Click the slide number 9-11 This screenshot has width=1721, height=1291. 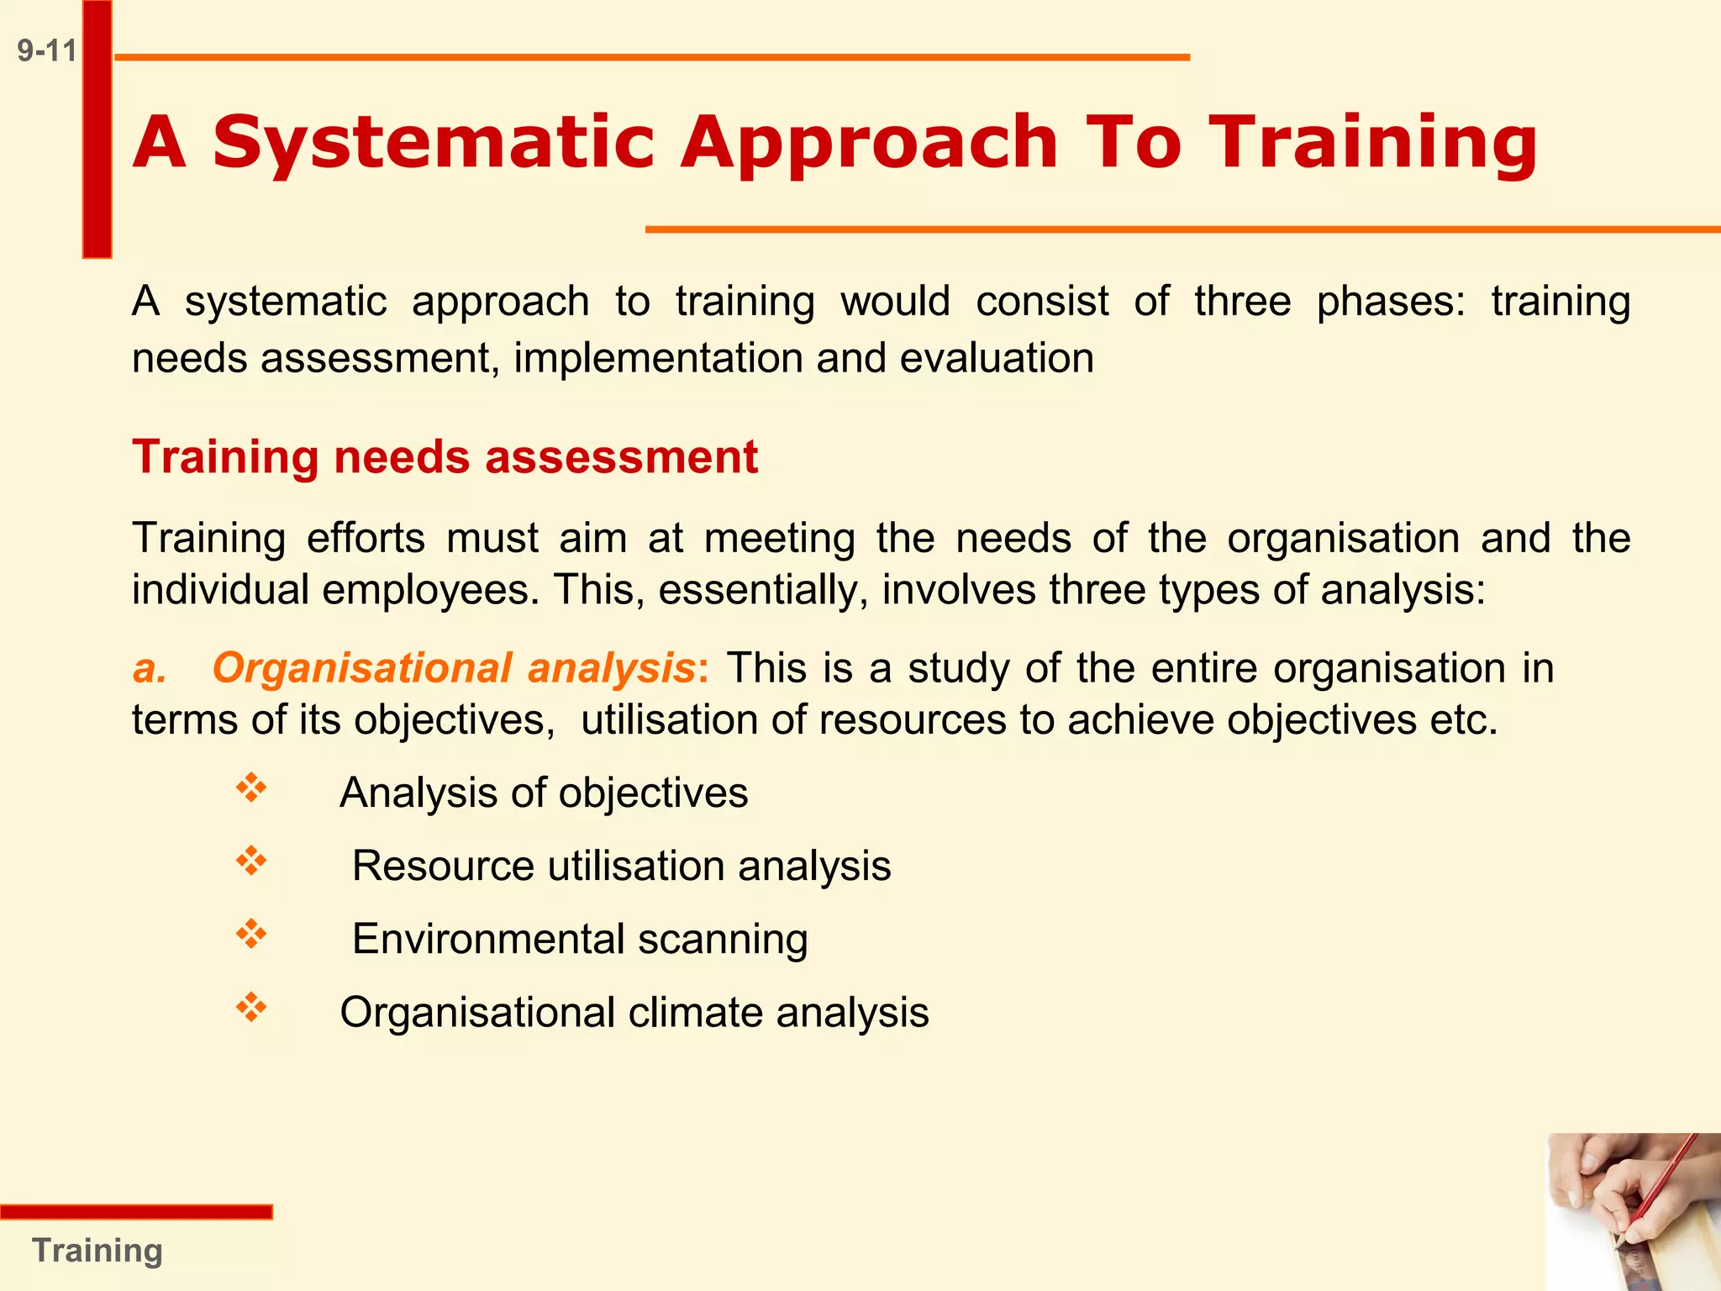click(46, 51)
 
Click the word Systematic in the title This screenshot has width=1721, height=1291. click(433, 143)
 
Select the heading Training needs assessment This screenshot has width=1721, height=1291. click(445, 457)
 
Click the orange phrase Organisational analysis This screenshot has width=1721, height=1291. click(454, 668)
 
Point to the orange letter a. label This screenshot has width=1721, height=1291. click(150, 669)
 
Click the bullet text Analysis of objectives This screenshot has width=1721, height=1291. click(543, 793)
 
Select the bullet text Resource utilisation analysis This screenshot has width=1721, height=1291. click(621, 866)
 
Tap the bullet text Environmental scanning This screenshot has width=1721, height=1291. click(580, 939)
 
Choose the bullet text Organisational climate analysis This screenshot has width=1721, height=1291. click(634, 1012)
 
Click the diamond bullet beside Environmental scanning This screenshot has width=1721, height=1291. click(251, 934)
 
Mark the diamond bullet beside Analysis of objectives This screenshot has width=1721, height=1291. click(251, 788)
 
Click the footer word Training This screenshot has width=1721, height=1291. click(97, 1251)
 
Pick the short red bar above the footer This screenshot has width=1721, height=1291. click(136, 1211)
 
